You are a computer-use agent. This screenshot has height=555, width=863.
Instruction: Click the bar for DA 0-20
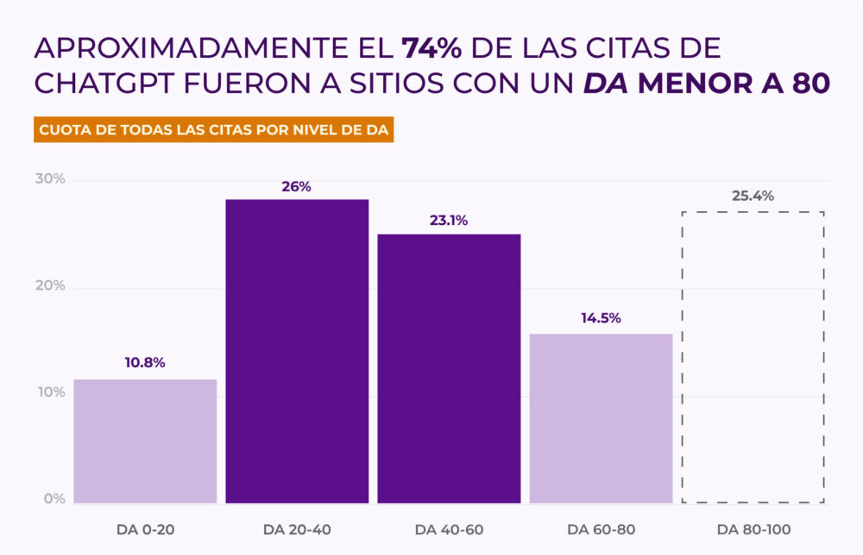click(x=145, y=440)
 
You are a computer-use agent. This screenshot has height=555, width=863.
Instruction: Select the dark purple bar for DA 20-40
click(x=297, y=351)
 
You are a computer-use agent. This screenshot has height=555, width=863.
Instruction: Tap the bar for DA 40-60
click(x=449, y=368)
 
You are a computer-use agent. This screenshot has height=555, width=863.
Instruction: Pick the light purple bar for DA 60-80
click(x=601, y=418)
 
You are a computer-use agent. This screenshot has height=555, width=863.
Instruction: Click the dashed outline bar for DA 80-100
click(x=753, y=357)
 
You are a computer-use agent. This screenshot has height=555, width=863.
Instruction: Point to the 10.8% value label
click(x=145, y=363)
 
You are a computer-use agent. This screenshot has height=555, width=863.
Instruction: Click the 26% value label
click(x=296, y=186)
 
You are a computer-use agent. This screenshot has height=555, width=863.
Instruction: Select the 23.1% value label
click(x=449, y=221)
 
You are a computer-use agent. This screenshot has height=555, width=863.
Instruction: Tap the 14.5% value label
click(x=601, y=318)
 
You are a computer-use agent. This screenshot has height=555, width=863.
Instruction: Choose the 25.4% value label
click(x=753, y=196)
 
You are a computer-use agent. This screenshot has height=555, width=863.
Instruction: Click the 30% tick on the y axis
click(x=50, y=179)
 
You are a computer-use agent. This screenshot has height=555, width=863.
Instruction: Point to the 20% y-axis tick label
click(x=50, y=286)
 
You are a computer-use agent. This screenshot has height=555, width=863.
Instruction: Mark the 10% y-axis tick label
click(x=50, y=393)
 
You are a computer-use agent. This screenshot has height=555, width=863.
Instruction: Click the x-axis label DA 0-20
click(x=145, y=528)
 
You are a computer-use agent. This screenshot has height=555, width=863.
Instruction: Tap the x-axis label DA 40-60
click(x=449, y=528)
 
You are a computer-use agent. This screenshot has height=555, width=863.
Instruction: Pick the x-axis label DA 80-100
click(x=753, y=528)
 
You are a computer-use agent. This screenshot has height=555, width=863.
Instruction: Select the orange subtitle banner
click(x=214, y=130)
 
